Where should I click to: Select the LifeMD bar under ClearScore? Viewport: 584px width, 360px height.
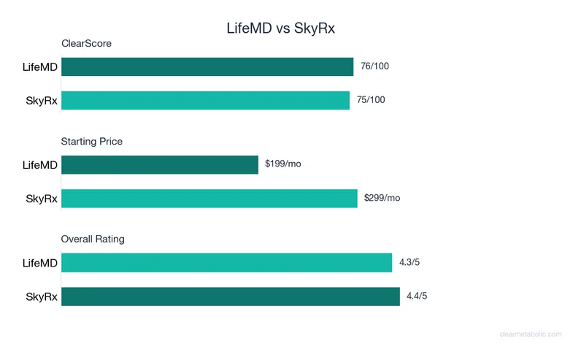(x=207, y=67)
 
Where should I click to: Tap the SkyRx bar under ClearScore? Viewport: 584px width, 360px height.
(x=205, y=100)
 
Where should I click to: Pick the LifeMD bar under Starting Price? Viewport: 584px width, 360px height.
(x=160, y=164)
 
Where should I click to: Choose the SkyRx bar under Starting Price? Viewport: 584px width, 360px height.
(x=210, y=198)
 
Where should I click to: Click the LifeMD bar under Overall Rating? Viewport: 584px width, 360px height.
(x=226, y=262)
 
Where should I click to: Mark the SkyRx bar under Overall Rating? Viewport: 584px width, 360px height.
(x=231, y=296)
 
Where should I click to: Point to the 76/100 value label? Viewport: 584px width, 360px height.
(x=374, y=66)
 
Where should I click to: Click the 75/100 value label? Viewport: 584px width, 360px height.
(x=370, y=100)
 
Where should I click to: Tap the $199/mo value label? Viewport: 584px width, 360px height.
(x=283, y=164)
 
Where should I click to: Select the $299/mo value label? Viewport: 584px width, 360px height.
(x=382, y=198)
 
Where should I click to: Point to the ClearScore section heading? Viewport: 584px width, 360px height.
(x=86, y=44)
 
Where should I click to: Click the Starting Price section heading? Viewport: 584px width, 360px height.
(x=92, y=142)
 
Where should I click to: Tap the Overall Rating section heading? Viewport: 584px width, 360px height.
(x=93, y=240)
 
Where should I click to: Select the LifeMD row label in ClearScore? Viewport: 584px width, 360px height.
(x=39, y=67)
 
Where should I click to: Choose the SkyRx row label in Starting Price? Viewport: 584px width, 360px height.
(x=42, y=198)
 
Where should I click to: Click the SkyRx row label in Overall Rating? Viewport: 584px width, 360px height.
(x=42, y=296)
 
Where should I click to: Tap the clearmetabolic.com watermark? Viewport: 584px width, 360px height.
(x=531, y=334)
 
